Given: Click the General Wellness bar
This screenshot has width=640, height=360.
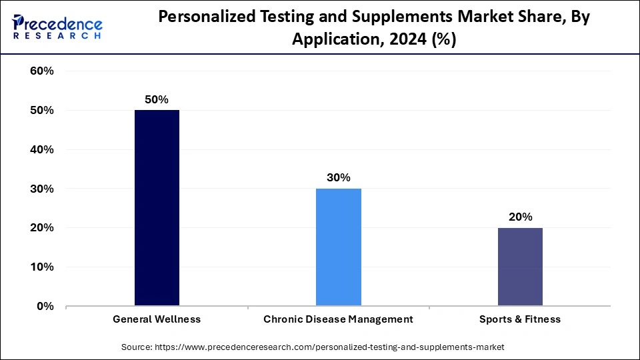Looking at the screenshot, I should tap(157, 208).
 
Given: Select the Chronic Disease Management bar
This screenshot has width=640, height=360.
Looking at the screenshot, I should tap(338, 247).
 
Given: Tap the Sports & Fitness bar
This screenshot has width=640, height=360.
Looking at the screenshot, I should tap(520, 267).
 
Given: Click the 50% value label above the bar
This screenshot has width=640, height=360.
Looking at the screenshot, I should tap(157, 99).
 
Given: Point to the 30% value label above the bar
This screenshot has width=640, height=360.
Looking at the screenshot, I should tap(338, 178).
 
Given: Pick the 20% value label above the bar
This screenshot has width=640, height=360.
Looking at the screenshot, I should tap(520, 217).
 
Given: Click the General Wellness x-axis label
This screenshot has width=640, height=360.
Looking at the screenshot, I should tap(157, 319).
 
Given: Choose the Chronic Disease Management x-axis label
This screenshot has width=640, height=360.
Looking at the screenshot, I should tap(338, 319).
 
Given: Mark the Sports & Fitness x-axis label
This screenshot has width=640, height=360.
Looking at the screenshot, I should tap(520, 319).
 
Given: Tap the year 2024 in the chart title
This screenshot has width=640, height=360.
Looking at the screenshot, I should tap(404, 40).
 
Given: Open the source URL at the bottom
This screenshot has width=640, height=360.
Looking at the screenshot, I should tap(329, 347).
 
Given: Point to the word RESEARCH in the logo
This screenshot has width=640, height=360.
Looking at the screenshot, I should tap(57, 35).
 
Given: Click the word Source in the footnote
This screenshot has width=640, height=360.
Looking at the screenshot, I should tap(136, 347).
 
